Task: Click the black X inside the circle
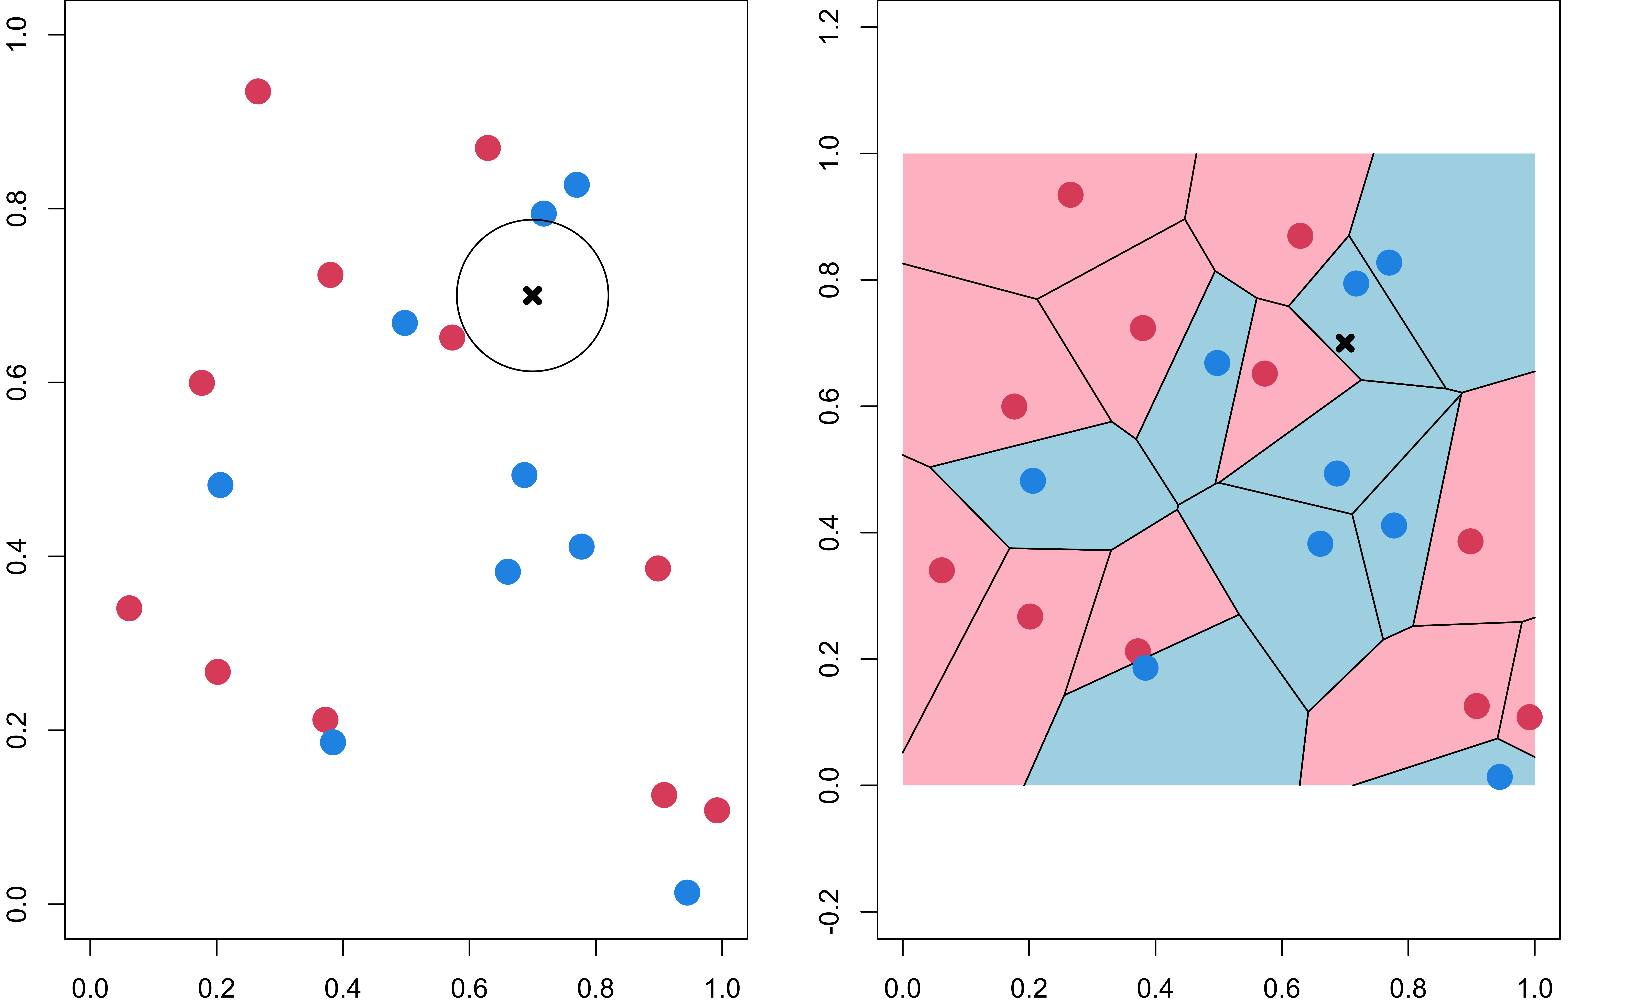pyautogui.click(x=532, y=295)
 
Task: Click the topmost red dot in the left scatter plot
pyautogui.click(x=258, y=91)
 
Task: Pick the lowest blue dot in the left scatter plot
pyautogui.click(x=687, y=892)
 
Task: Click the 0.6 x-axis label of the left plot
pyautogui.click(x=469, y=988)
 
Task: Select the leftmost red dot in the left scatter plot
pyautogui.click(x=129, y=608)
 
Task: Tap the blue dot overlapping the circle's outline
pyautogui.click(x=543, y=213)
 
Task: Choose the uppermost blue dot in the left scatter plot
pyautogui.click(x=576, y=184)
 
